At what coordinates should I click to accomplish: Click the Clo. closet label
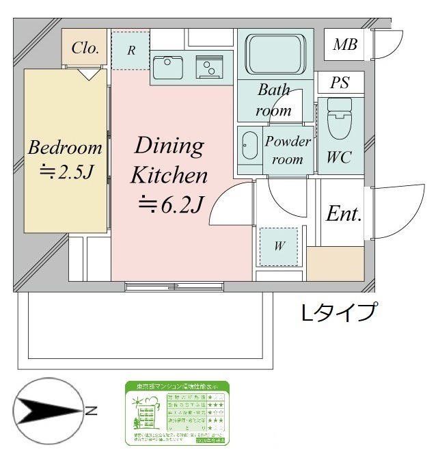pyautogui.click(x=85, y=48)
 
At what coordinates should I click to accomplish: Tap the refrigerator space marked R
pyautogui.click(x=130, y=50)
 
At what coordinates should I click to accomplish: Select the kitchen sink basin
pyautogui.click(x=167, y=67)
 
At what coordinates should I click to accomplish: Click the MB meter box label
pyautogui.click(x=344, y=46)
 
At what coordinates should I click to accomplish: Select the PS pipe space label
pyautogui.click(x=340, y=83)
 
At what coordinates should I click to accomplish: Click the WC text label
pyautogui.click(x=339, y=157)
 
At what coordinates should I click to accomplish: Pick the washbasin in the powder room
pyautogui.click(x=249, y=145)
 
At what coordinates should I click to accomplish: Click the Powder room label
pyautogui.click(x=288, y=150)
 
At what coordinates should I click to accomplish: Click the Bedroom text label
pyautogui.click(x=65, y=147)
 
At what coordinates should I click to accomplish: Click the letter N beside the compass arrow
pyautogui.click(x=91, y=411)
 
